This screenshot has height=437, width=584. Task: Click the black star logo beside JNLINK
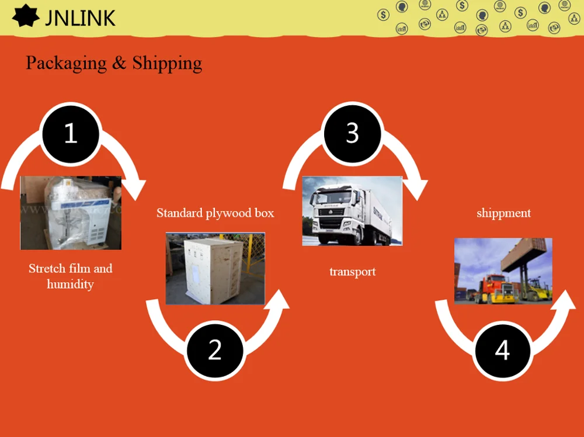tap(26, 17)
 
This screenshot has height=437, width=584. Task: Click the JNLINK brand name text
tap(80, 18)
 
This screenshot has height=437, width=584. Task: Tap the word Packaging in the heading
tap(66, 63)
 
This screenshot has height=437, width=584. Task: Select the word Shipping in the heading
tap(167, 63)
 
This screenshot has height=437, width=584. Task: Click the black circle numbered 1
tap(70, 133)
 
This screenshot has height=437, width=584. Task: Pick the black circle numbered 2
tap(215, 350)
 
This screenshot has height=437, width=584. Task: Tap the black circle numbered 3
tap(352, 133)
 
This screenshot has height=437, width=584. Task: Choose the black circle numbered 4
tap(502, 350)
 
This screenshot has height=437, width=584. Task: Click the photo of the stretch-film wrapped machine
tap(71, 213)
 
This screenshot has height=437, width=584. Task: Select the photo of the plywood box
tap(215, 268)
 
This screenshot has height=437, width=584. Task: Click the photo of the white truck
tap(352, 211)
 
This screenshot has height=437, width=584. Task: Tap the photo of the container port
tap(503, 270)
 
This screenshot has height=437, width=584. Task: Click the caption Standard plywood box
tap(215, 213)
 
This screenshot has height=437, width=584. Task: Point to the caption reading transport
tap(352, 272)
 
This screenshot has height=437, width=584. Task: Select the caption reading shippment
tap(503, 213)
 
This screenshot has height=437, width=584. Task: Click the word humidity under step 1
tap(70, 285)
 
